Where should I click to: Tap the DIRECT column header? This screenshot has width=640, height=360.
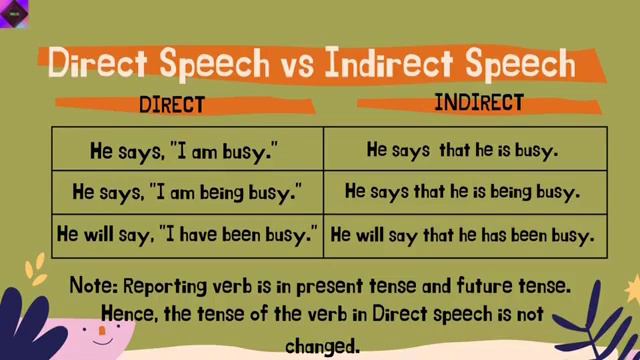172,104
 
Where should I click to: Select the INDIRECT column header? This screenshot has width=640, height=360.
479,102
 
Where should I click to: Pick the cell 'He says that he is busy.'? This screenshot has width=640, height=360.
462,152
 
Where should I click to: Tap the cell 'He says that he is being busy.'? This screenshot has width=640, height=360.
462,190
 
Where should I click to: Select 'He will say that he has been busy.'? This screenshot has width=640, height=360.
462,236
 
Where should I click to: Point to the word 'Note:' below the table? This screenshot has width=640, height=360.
93,286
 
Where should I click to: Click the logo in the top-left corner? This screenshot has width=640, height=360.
16,14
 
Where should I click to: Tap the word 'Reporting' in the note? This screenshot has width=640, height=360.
163,286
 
